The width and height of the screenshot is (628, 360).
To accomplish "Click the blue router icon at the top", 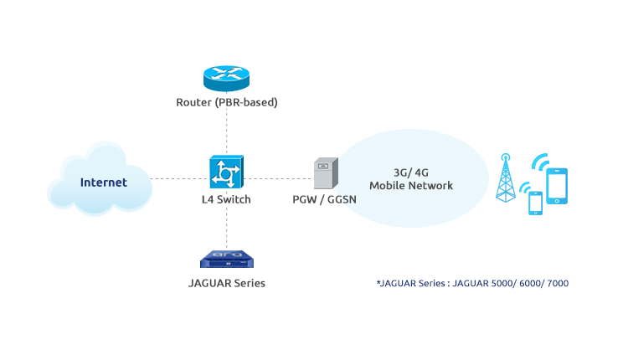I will point(226,77).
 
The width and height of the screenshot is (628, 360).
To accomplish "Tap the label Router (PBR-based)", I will point(226,103).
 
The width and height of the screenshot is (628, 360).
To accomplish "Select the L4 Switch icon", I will point(226,172).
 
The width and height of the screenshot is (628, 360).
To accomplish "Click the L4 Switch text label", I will point(226,200).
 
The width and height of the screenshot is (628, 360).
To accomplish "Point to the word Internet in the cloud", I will point(103,182).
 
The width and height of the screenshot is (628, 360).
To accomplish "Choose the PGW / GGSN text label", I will point(323,200).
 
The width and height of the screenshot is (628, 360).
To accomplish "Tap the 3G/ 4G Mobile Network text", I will point(411,178).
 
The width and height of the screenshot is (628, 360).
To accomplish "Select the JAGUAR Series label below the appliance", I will point(226,283).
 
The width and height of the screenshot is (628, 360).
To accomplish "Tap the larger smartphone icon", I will point(557,187).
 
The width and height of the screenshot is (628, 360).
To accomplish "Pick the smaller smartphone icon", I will point(535,203).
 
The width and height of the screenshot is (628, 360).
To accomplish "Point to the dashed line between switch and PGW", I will point(277,177).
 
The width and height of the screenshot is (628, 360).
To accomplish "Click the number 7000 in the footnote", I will point(555,284).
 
